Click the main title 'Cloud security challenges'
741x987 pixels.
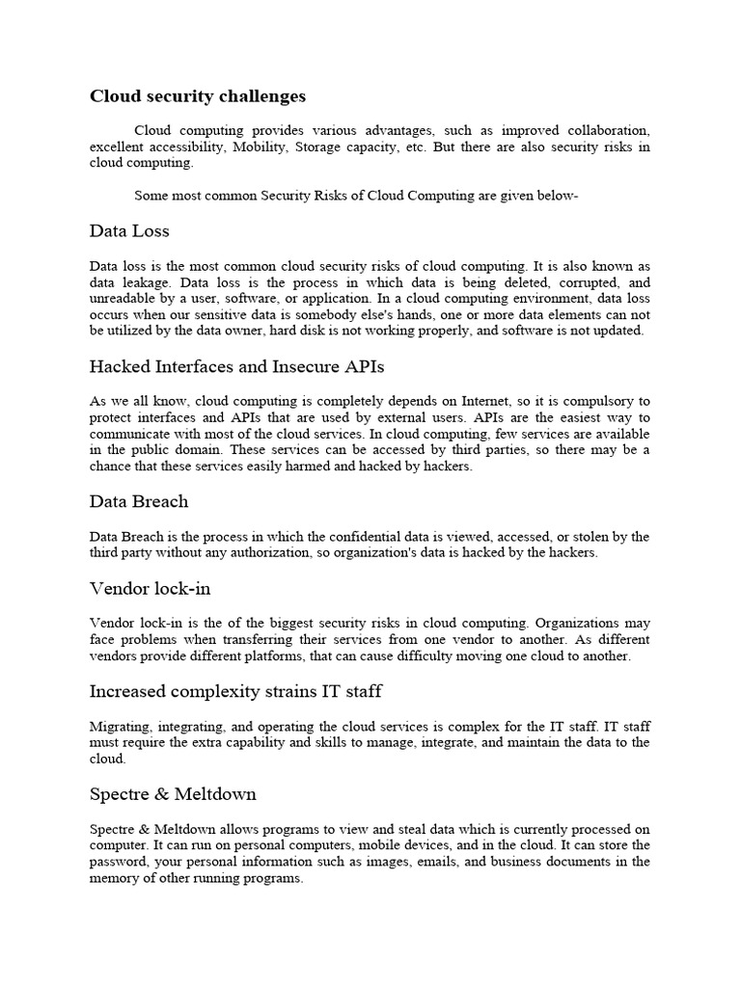tap(198, 96)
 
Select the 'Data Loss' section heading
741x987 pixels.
tap(129, 231)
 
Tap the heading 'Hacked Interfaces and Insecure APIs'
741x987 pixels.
tap(237, 366)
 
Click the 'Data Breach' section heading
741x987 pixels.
tap(139, 501)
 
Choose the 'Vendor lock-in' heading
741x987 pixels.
tap(150, 588)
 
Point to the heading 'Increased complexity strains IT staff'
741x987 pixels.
tap(236, 690)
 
